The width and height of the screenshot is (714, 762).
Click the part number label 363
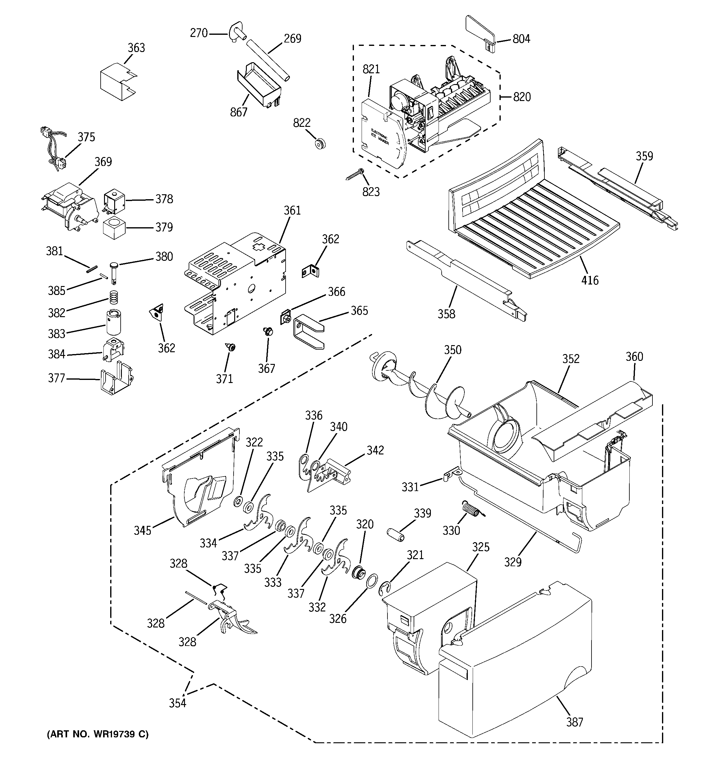click(136, 48)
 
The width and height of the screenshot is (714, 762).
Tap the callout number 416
click(589, 280)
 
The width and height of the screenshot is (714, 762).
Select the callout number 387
click(575, 722)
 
